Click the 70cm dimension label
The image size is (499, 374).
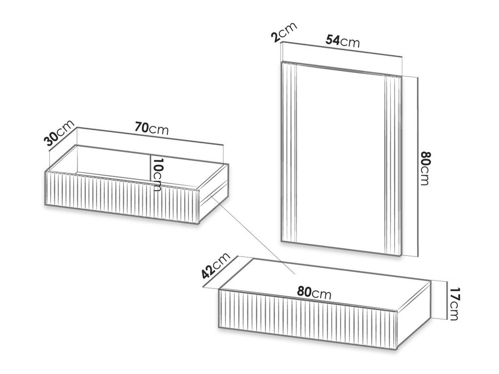coord(152,129)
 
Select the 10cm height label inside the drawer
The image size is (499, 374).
coord(157,174)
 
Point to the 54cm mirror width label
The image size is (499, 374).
coord(343,41)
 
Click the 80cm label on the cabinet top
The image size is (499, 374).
coord(314,293)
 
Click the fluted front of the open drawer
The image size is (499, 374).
coord(122,197)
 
